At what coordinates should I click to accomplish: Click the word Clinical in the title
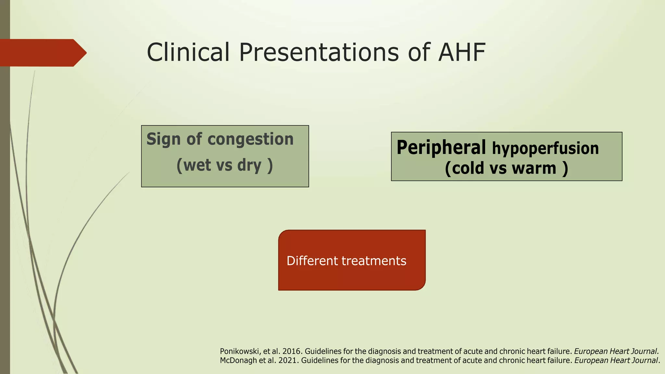coord(188,52)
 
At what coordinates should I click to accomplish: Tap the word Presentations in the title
coord(319,52)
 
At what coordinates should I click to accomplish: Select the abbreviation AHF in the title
coord(462,52)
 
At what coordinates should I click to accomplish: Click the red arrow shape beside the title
coord(42,53)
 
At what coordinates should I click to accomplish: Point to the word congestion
coord(250,139)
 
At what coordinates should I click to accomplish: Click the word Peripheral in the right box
coord(441,147)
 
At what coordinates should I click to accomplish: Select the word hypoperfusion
coord(545,148)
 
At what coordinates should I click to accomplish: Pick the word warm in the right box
coord(534,168)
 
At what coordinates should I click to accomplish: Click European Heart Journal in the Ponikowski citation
coord(616,351)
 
